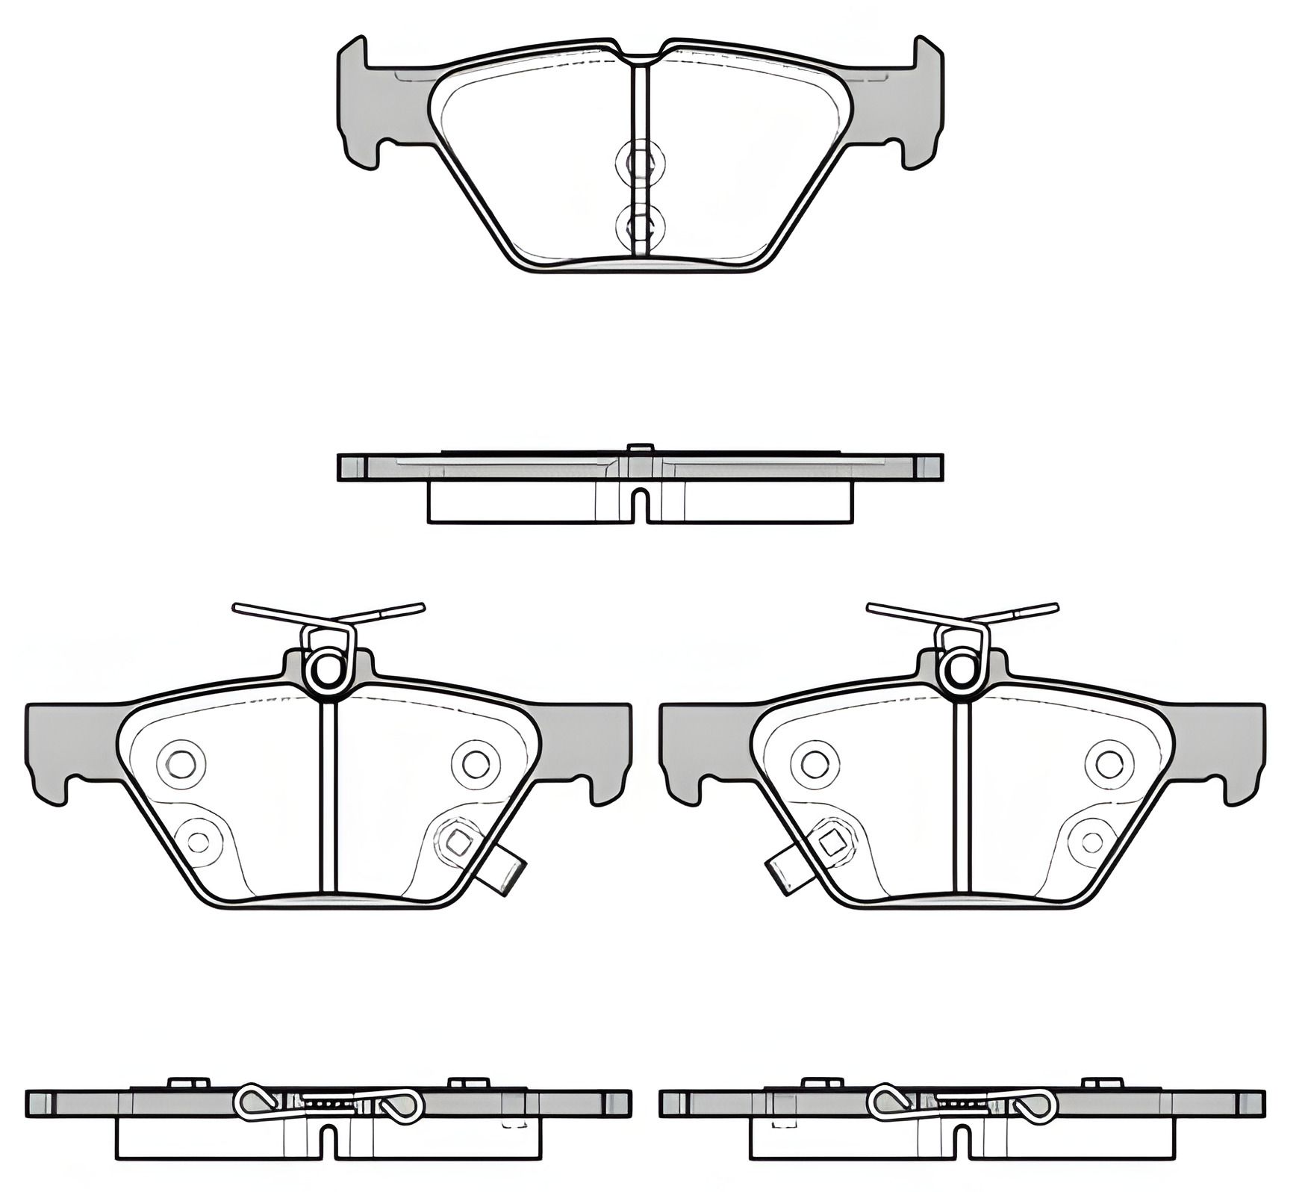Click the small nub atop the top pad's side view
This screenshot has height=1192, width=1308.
click(x=641, y=448)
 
